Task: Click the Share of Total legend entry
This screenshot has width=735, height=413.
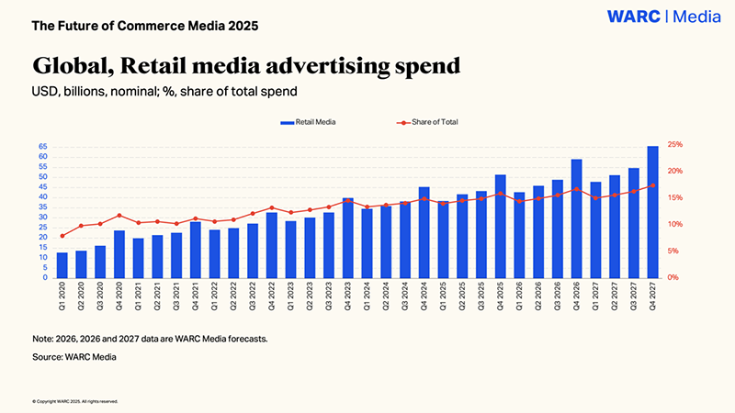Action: click(x=427, y=122)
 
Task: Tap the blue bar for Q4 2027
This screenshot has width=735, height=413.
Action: click(x=652, y=212)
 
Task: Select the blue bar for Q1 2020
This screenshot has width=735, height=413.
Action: click(x=62, y=265)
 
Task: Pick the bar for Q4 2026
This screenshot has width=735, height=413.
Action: click(x=576, y=218)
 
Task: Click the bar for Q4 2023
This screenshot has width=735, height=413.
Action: click(x=347, y=238)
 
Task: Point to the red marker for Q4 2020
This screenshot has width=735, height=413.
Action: click(x=119, y=216)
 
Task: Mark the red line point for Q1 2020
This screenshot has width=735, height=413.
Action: click(x=62, y=236)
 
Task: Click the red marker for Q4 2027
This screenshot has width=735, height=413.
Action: click(x=652, y=185)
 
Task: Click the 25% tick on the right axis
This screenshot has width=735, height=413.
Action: click(x=674, y=145)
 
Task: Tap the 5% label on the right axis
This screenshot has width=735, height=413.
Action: click(x=673, y=251)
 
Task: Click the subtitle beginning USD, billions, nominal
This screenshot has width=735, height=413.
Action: click(x=164, y=92)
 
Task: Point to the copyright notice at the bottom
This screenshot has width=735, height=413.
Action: click(x=74, y=401)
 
